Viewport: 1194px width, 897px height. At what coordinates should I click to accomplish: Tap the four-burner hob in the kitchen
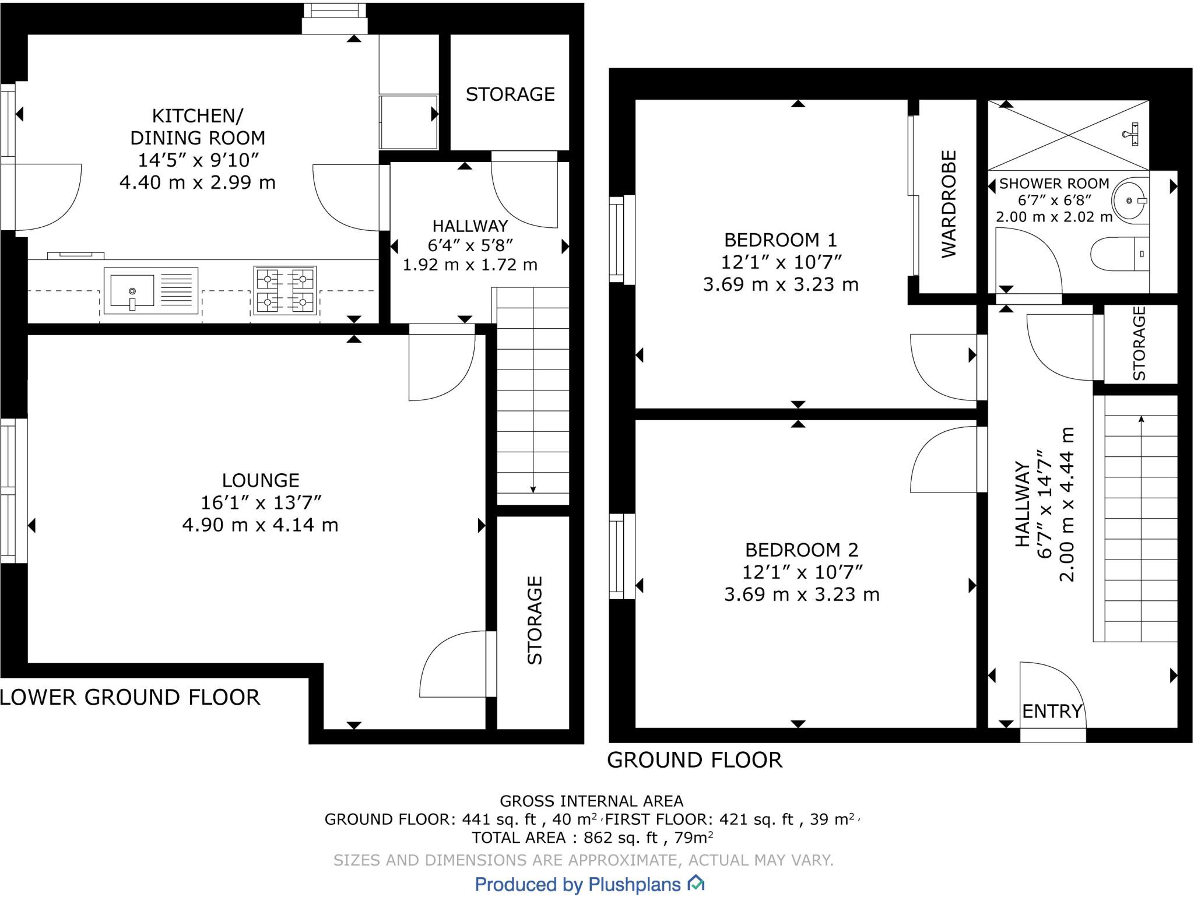[x=285, y=291]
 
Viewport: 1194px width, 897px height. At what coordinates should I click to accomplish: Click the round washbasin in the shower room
[x=1129, y=200]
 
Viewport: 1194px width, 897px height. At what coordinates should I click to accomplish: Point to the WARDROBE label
[x=949, y=204]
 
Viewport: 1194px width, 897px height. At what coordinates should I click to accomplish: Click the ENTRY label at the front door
[x=1052, y=711]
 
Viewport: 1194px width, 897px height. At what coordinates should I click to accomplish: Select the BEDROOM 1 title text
[x=780, y=240]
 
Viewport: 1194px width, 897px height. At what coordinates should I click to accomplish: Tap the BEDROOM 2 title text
[x=802, y=550]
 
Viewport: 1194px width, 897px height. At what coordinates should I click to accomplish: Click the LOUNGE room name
[x=261, y=480]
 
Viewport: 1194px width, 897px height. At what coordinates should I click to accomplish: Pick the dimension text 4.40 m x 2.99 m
[x=198, y=182]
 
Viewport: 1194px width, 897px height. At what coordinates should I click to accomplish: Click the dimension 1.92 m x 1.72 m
[x=470, y=265]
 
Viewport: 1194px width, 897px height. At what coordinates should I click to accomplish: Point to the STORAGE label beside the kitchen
[x=510, y=94]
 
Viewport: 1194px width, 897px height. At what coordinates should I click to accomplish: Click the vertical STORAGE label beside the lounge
[x=535, y=620]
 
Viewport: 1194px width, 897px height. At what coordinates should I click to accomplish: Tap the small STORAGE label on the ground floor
[x=1139, y=343]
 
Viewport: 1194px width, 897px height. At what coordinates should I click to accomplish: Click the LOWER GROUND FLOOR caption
[x=130, y=698]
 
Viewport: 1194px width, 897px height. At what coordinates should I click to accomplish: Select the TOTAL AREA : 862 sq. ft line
[x=592, y=838]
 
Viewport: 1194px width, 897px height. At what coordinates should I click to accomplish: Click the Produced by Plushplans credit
[x=577, y=884]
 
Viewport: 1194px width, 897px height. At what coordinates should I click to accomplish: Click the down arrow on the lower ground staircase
[x=533, y=488]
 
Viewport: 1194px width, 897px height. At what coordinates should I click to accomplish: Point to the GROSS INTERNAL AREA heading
[x=591, y=801]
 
